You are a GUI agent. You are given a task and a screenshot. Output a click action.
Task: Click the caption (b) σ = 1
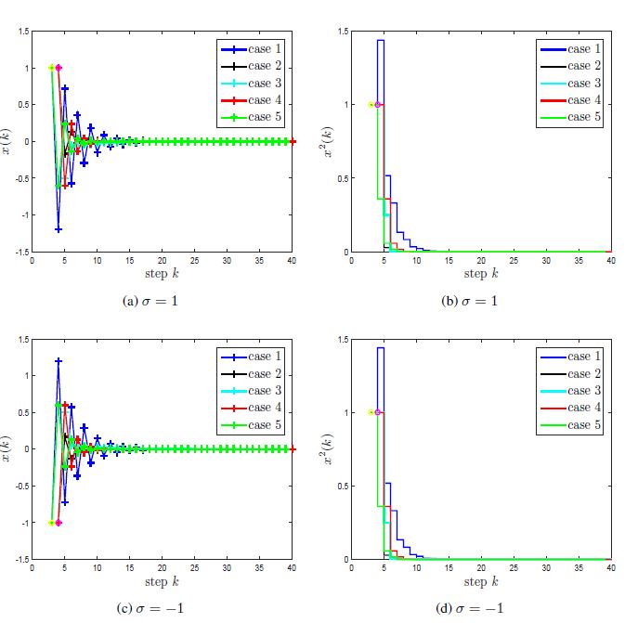pos(480,301)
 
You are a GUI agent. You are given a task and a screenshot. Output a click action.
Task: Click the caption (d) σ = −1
pos(480,608)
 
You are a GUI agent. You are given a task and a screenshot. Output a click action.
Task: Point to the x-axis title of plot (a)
pos(162,273)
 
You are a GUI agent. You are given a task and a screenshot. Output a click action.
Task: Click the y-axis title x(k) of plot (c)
pos(8,449)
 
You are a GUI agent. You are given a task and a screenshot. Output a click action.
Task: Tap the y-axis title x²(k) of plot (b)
pos(327,142)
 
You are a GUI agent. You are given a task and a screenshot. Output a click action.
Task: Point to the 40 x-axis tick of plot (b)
pos(610,261)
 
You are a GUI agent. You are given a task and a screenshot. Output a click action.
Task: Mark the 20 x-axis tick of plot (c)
pos(162,568)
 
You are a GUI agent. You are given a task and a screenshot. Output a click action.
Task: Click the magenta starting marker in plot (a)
pos(59,68)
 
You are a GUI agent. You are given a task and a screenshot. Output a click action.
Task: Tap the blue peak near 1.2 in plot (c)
pos(59,360)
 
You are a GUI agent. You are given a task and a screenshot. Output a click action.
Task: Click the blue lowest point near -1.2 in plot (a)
pos(59,229)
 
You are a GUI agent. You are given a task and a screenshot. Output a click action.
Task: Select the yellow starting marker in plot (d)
pos(371,412)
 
